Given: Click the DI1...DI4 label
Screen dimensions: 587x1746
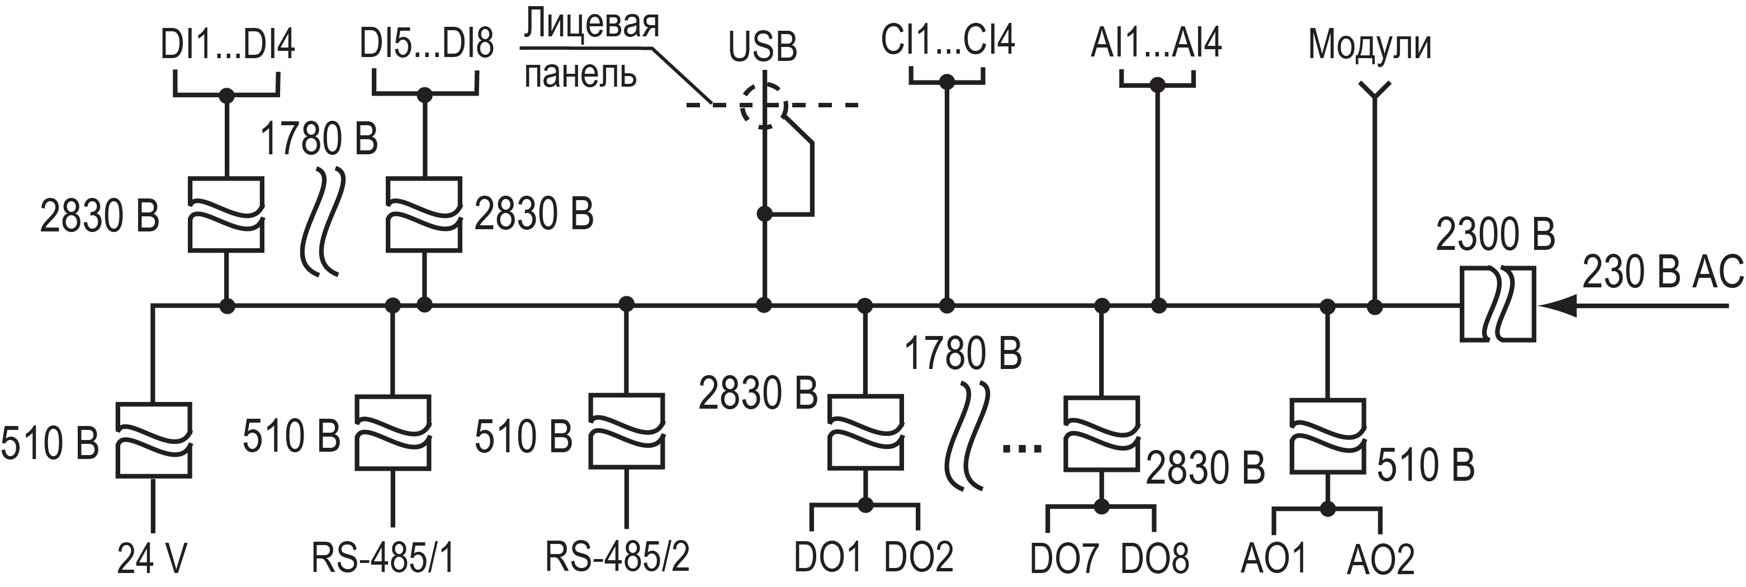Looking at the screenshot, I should [x=227, y=45].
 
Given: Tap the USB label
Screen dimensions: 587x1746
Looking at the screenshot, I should [x=763, y=48].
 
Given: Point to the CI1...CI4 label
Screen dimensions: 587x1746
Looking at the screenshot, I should [x=948, y=40].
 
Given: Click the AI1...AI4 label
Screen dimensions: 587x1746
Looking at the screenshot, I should [x=1156, y=42].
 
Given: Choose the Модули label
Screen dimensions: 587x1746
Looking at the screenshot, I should [x=1370, y=45].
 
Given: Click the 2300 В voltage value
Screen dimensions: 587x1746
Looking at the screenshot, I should [x=1495, y=235].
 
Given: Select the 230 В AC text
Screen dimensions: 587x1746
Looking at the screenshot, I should [x=1663, y=272].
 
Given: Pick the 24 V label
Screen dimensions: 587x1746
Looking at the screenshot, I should [x=152, y=559].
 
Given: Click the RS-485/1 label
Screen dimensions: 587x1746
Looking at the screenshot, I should [x=383, y=558].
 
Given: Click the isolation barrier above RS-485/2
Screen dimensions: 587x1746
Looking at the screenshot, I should [x=626, y=431].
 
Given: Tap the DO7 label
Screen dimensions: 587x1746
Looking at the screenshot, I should [x=1063, y=559].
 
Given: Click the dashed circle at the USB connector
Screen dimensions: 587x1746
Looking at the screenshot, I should [x=764, y=105].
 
